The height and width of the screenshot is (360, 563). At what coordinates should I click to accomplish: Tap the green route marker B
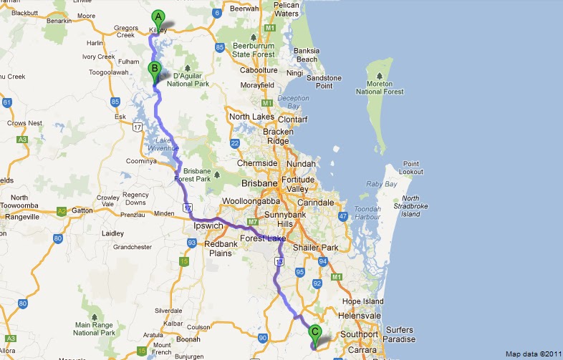[154, 70]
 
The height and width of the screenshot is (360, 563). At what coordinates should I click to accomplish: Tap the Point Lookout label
[410, 167]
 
